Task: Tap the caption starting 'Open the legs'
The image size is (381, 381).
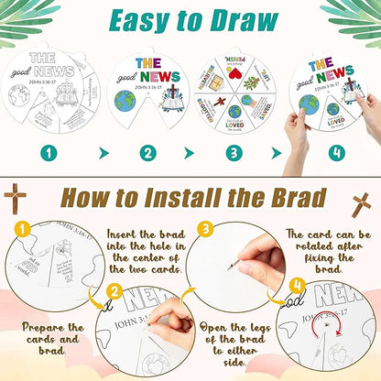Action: point(229,339)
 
